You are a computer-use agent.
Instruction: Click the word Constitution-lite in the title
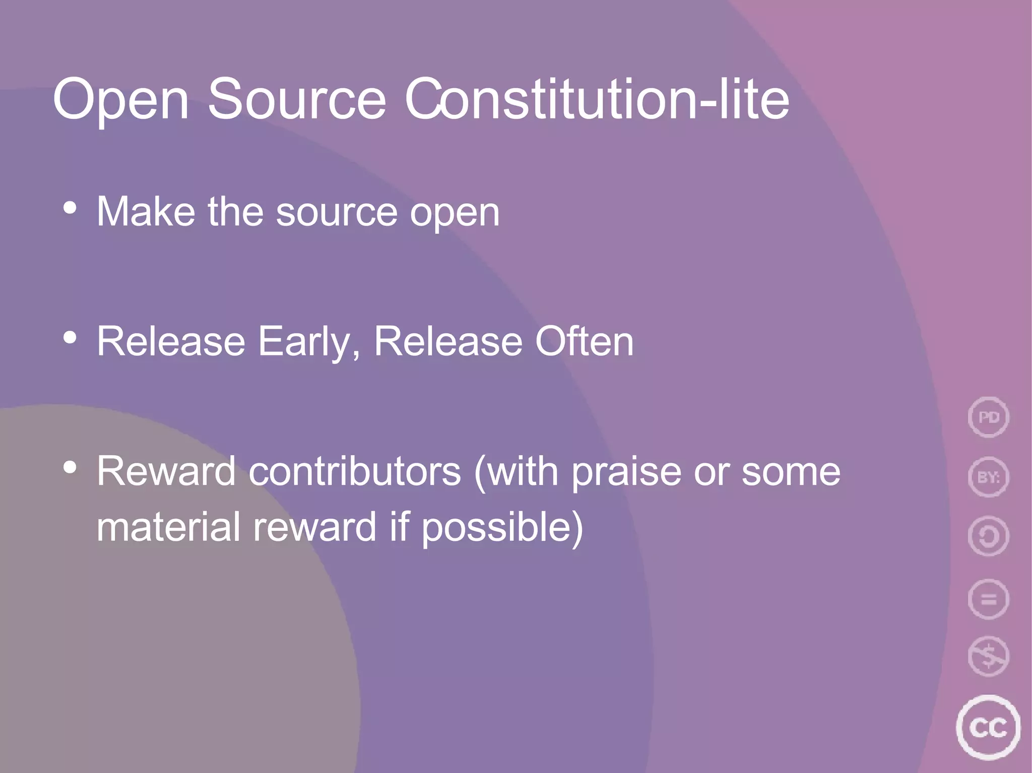pyautogui.click(x=597, y=100)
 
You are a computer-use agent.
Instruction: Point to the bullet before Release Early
pyautogui.click(x=70, y=337)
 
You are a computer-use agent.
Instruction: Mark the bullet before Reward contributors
pyautogui.click(x=70, y=467)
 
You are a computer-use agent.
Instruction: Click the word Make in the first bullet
pyautogui.click(x=146, y=212)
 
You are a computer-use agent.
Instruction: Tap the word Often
pyautogui.click(x=584, y=341)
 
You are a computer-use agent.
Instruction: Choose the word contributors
pyautogui.click(x=355, y=471)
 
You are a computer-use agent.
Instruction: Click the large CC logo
pyautogui.click(x=988, y=727)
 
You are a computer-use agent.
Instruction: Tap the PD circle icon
pyautogui.click(x=988, y=417)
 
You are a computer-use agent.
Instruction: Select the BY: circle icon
pyautogui.click(x=988, y=476)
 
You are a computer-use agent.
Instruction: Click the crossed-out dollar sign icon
pyautogui.click(x=988, y=656)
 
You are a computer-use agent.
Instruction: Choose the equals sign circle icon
pyautogui.click(x=988, y=599)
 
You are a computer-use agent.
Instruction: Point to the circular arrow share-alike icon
pyautogui.click(x=988, y=536)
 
